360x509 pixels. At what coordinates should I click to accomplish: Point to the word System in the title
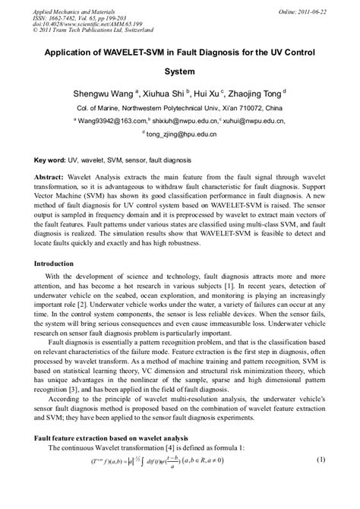click(x=180, y=73)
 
